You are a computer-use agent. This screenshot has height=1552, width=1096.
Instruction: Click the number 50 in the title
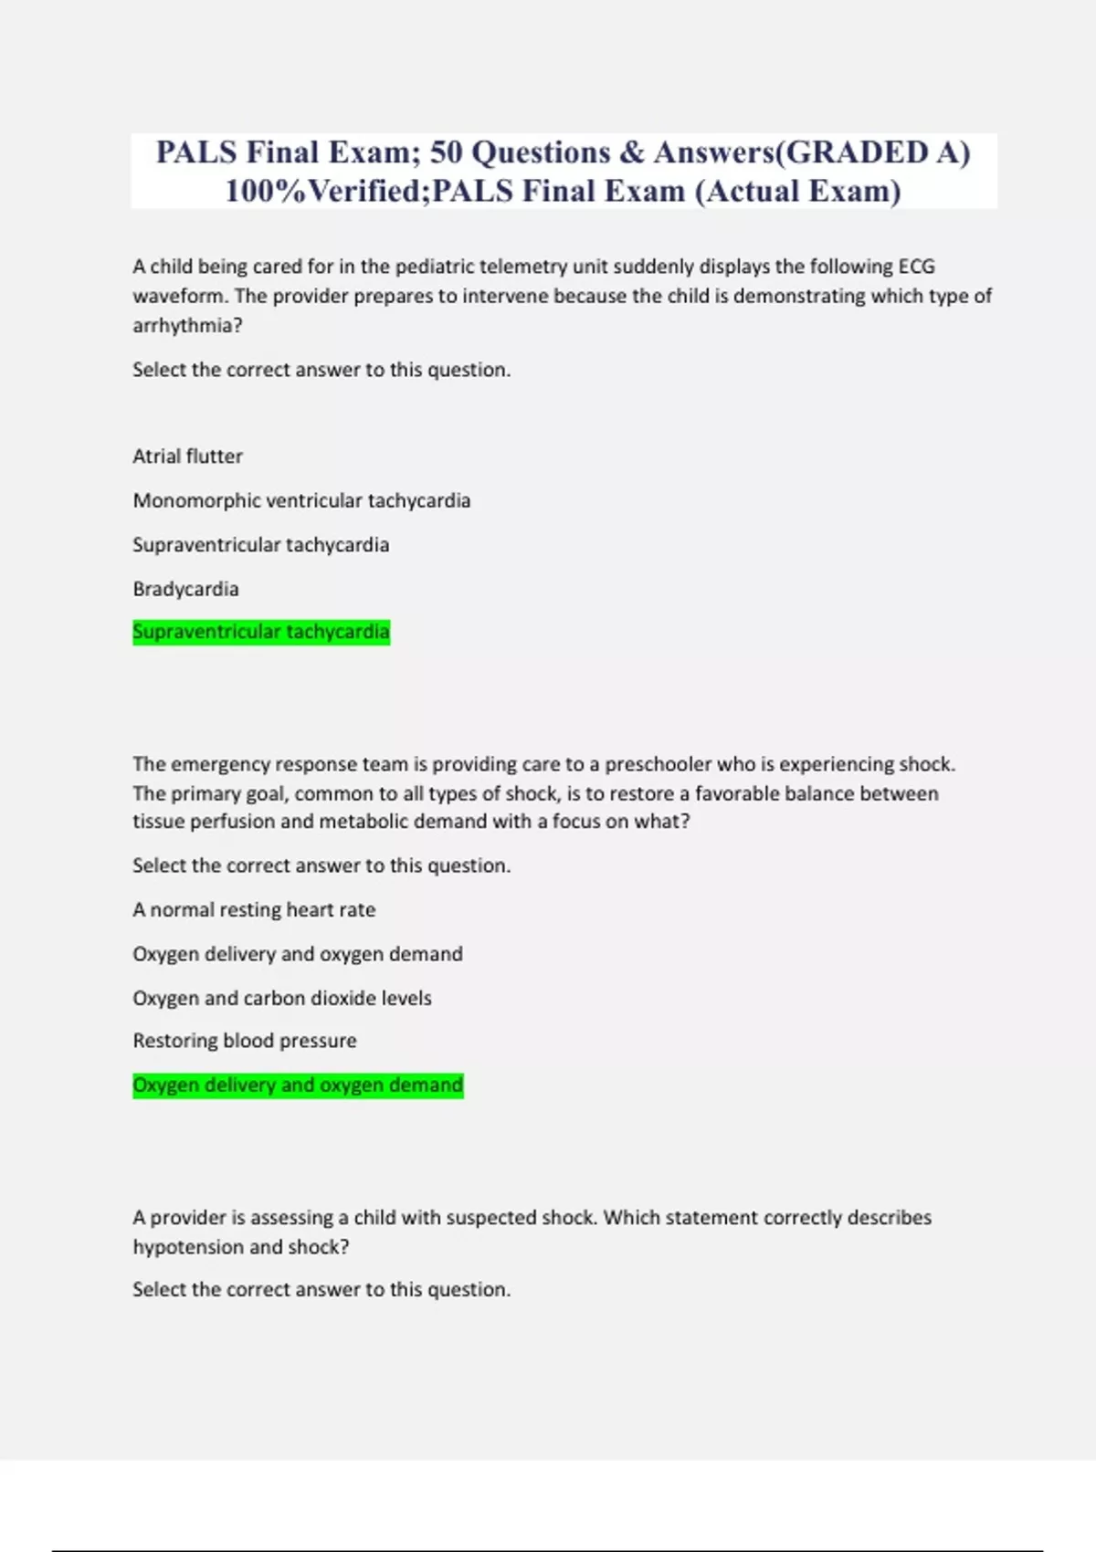446,152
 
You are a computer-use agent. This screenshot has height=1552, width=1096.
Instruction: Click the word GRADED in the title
857,152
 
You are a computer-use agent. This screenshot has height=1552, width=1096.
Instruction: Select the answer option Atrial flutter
187,456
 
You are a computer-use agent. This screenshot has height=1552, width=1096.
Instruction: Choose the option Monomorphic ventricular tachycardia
301,500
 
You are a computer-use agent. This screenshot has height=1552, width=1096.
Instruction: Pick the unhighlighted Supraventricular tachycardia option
260,545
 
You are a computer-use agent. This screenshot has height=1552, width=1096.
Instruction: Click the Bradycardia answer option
185,589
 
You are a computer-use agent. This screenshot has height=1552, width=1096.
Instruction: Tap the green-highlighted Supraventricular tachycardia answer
260,632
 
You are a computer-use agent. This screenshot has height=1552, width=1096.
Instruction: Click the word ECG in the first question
916,267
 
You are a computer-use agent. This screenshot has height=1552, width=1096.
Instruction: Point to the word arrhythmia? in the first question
187,326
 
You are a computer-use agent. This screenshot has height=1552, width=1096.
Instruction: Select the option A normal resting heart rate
254,910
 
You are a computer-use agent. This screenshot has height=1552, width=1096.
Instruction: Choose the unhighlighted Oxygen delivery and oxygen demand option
297,954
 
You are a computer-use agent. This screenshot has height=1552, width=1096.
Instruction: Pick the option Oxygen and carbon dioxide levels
281,998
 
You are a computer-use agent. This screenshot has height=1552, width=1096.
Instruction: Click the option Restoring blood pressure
244,1041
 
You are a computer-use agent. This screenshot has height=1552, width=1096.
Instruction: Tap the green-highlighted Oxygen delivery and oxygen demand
297,1085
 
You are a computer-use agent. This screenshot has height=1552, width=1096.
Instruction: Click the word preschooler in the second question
658,764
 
